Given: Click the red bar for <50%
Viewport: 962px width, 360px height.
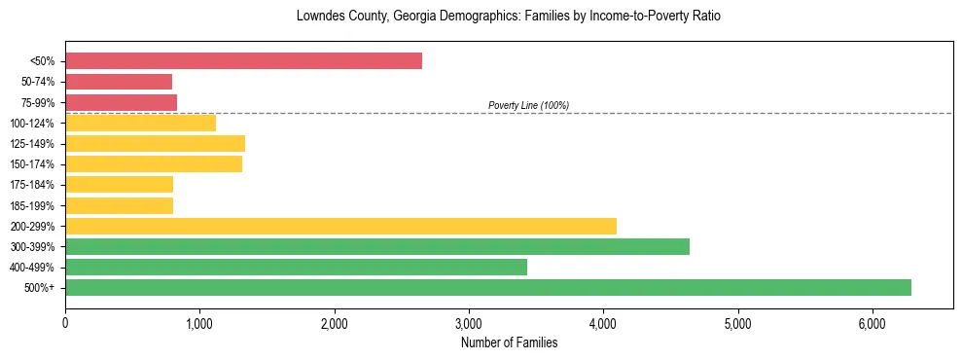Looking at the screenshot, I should pyautogui.click(x=243, y=61).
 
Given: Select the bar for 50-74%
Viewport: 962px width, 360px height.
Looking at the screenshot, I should pyautogui.click(x=119, y=82).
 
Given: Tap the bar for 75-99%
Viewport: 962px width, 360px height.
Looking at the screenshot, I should pyautogui.click(x=121, y=102).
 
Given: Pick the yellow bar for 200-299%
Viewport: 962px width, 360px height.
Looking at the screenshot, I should pyautogui.click(x=340, y=226).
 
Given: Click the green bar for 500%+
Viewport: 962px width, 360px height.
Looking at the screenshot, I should pyautogui.click(x=487, y=287).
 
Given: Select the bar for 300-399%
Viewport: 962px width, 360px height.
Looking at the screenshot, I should pyautogui.click(x=377, y=246).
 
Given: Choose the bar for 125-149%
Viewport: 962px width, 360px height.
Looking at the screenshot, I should pyautogui.click(x=155, y=143).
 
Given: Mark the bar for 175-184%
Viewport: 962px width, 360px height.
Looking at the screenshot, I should pyautogui.click(x=119, y=184).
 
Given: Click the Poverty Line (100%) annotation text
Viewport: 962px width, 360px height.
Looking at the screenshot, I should pyautogui.click(x=528, y=105).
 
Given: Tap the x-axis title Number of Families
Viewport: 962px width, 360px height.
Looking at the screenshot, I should pyautogui.click(x=509, y=342).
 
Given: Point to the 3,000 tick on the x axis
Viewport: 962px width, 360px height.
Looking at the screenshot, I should pyautogui.click(x=469, y=323).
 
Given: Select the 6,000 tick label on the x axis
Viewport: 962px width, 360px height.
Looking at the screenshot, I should pyautogui.click(x=873, y=323).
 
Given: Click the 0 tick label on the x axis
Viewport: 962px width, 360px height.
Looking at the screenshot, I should pyautogui.click(x=65, y=323).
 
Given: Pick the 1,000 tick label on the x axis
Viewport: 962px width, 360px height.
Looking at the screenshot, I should pyautogui.click(x=199, y=323).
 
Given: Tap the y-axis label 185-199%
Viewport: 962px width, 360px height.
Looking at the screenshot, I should pyautogui.click(x=32, y=205).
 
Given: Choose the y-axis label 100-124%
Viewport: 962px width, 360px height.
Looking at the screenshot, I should pyautogui.click(x=32, y=123).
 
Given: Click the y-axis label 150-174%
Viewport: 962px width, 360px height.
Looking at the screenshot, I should pyautogui.click(x=32, y=164).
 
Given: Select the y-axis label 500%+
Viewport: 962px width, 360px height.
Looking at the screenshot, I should pyautogui.click(x=39, y=288).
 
